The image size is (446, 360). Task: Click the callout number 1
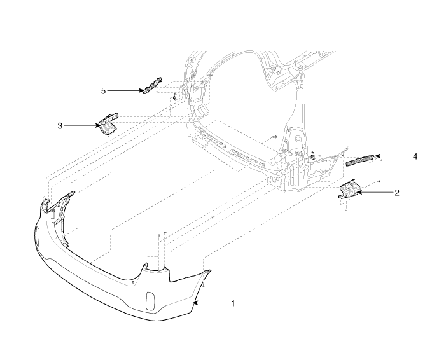(233, 303)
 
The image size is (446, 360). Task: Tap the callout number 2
(396, 192)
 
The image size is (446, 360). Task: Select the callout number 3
(60, 125)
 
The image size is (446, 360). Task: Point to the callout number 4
(414, 156)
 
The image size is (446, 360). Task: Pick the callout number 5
(103, 90)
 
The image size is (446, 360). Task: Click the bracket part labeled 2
(349, 190)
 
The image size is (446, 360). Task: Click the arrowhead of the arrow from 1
(197, 303)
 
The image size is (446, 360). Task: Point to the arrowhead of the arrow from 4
(375, 156)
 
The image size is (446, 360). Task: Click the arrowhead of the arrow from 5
(143, 90)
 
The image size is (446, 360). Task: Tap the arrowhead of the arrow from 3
(99, 125)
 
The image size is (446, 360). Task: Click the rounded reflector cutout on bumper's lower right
(150, 301)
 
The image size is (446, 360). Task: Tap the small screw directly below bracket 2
(345, 208)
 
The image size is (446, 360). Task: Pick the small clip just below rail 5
(173, 96)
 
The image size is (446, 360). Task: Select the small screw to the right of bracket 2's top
(378, 181)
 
